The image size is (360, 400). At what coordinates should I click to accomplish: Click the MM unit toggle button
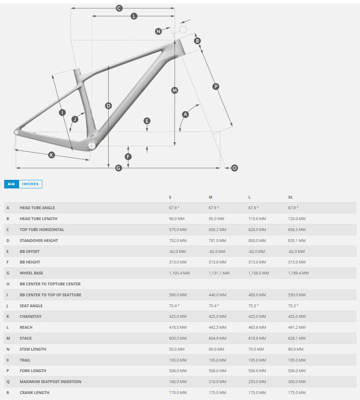pos(11,184)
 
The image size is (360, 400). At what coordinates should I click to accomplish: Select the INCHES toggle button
pos(30,184)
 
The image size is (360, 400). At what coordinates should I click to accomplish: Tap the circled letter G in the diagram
pos(119,168)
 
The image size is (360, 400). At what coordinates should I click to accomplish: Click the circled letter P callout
pos(216,86)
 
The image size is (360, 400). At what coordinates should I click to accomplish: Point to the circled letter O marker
pos(234,168)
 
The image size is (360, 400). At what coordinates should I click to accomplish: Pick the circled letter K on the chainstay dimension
pos(52,155)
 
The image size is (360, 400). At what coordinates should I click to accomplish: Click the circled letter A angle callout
pos(185,114)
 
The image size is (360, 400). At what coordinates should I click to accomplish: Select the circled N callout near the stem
pos(158,31)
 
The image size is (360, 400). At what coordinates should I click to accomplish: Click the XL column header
pos(290,197)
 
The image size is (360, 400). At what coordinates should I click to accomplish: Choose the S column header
pos(170,197)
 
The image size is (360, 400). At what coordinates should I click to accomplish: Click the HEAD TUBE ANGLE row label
pos(37,208)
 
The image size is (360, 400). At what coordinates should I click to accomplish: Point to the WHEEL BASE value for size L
pos(259,273)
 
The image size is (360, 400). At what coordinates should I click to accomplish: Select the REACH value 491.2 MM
pos(297,327)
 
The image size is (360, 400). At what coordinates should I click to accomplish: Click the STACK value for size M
pos(217,338)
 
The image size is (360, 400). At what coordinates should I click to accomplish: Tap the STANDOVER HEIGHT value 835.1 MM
pos(297,241)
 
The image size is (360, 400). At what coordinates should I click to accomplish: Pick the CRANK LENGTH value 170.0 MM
pos(178,393)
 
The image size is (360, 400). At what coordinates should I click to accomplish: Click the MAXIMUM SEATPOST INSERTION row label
pos(50,382)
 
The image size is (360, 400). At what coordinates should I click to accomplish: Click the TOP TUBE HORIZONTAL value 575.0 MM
pos(178,230)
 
